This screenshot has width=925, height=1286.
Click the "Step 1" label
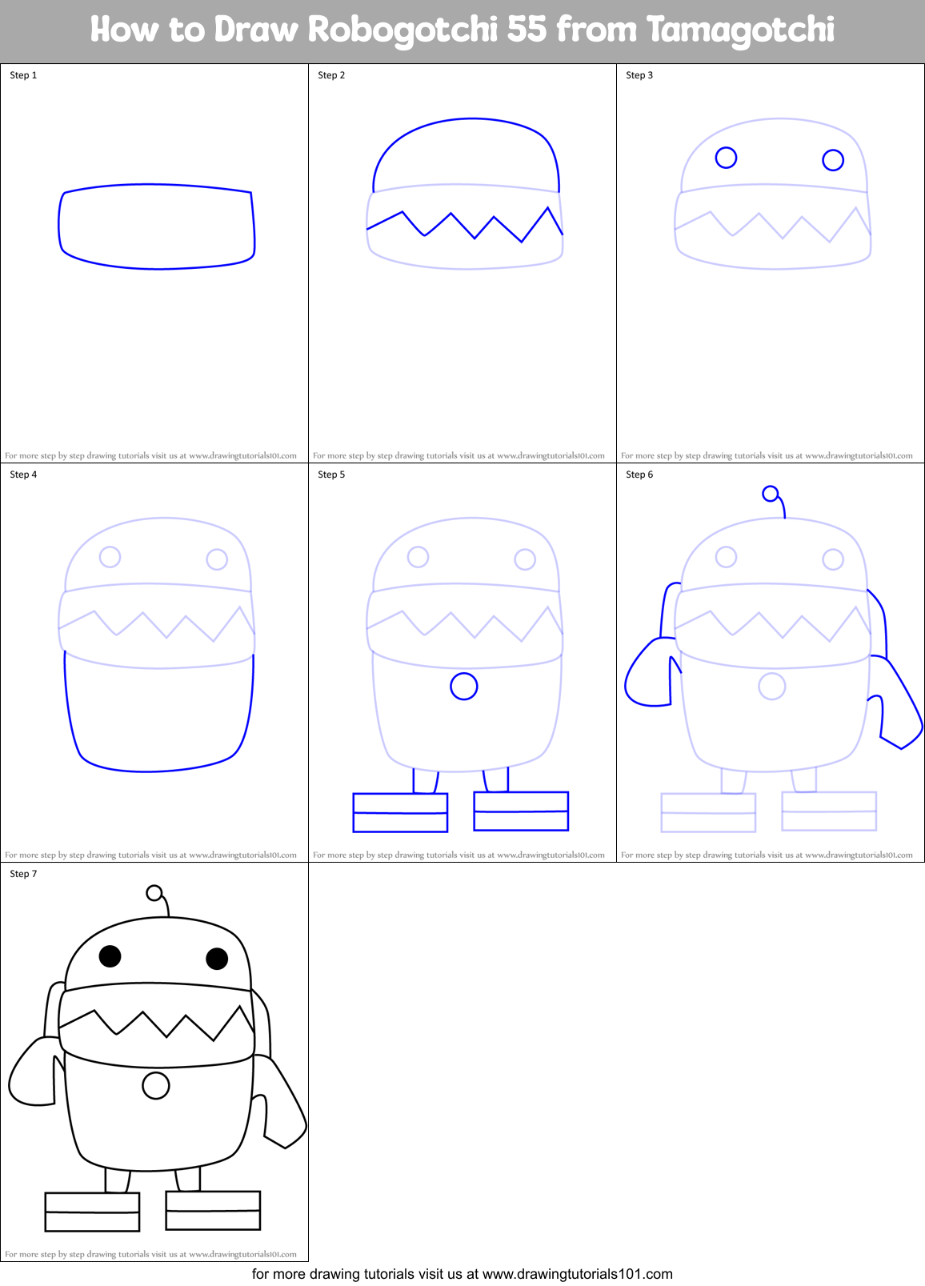(23, 75)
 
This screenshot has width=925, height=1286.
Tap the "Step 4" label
(23, 475)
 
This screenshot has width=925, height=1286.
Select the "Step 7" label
(23, 874)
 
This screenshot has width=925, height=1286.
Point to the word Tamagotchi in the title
(740, 30)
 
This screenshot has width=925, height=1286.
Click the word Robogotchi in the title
(402, 30)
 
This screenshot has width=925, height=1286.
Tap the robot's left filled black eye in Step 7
(110, 955)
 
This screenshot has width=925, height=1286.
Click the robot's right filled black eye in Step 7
(217, 958)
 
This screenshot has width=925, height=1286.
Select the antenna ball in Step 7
(154, 893)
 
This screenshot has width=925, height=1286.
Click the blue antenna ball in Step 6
(771, 494)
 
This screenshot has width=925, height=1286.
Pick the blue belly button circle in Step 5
(464, 686)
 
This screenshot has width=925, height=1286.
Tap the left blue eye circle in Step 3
(726, 158)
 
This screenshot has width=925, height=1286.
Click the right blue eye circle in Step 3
(833, 160)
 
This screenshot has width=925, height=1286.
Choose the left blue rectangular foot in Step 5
(400, 812)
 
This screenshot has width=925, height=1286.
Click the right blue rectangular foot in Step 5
(521, 811)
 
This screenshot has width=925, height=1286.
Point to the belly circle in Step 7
(156, 1085)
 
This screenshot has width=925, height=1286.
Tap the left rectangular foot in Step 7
(93, 1212)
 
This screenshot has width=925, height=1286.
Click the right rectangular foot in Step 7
(213, 1210)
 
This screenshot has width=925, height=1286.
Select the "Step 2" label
(331, 75)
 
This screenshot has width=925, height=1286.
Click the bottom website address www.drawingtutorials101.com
(578, 1274)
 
